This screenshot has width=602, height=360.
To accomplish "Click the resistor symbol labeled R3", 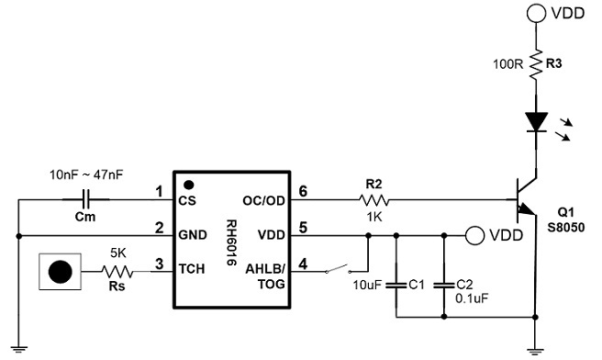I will coord(534,65).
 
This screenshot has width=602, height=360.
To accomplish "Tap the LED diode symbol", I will coord(534,121).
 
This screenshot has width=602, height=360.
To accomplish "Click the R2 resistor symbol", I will coord(373,199).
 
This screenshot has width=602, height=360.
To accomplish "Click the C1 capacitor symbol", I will coord(396,285).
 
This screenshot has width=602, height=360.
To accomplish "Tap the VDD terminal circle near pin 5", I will coord(474,235).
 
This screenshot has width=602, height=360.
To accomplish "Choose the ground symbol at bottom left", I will coord(20,347).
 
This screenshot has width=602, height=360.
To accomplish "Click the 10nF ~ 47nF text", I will coord(86,174).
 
